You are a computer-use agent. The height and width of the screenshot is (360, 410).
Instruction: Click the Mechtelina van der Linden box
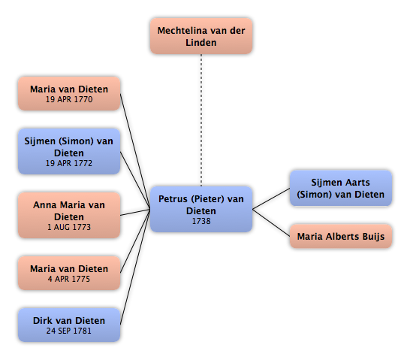201,36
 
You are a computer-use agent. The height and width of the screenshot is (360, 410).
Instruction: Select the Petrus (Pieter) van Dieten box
201,209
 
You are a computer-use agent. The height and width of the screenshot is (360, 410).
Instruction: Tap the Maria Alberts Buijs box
341,236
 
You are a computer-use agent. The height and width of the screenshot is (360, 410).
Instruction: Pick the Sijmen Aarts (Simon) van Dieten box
341,188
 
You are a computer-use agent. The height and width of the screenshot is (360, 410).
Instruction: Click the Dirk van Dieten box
69,325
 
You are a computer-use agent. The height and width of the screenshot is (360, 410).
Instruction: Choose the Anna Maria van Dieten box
69,215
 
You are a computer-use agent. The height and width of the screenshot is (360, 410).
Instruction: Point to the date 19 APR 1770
69,99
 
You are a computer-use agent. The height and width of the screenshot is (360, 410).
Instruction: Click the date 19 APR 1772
69,163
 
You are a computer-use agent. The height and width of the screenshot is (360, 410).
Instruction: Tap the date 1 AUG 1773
69,227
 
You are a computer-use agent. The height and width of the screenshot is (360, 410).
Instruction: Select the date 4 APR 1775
69,279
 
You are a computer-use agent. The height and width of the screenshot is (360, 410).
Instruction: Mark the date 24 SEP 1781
69,331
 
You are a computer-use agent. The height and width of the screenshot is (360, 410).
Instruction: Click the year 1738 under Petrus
201,221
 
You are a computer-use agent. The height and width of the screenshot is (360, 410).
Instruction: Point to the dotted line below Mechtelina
201,120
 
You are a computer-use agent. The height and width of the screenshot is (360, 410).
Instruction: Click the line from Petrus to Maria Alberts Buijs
271,222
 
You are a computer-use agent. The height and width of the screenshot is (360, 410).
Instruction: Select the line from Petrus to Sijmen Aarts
271,198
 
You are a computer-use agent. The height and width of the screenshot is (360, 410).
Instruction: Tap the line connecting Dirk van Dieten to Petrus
135,267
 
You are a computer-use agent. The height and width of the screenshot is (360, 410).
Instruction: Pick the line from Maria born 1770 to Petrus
135,152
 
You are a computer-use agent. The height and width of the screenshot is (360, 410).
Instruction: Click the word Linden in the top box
201,42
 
